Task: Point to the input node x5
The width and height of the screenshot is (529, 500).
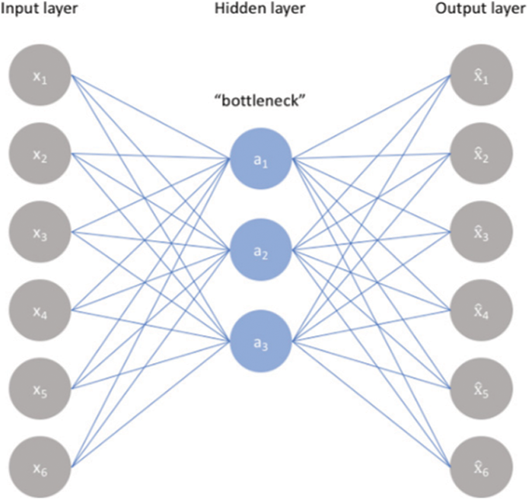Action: (x=40, y=388)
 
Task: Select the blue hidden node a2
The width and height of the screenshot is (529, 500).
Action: (x=261, y=250)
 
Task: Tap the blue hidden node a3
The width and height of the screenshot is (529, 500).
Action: (x=261, y=342)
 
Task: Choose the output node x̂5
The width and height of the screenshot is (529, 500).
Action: (x=482, y=388)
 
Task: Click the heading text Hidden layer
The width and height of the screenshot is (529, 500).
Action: (x=261, y=9)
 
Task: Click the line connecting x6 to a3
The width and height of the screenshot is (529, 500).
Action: (x=150, y=404)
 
